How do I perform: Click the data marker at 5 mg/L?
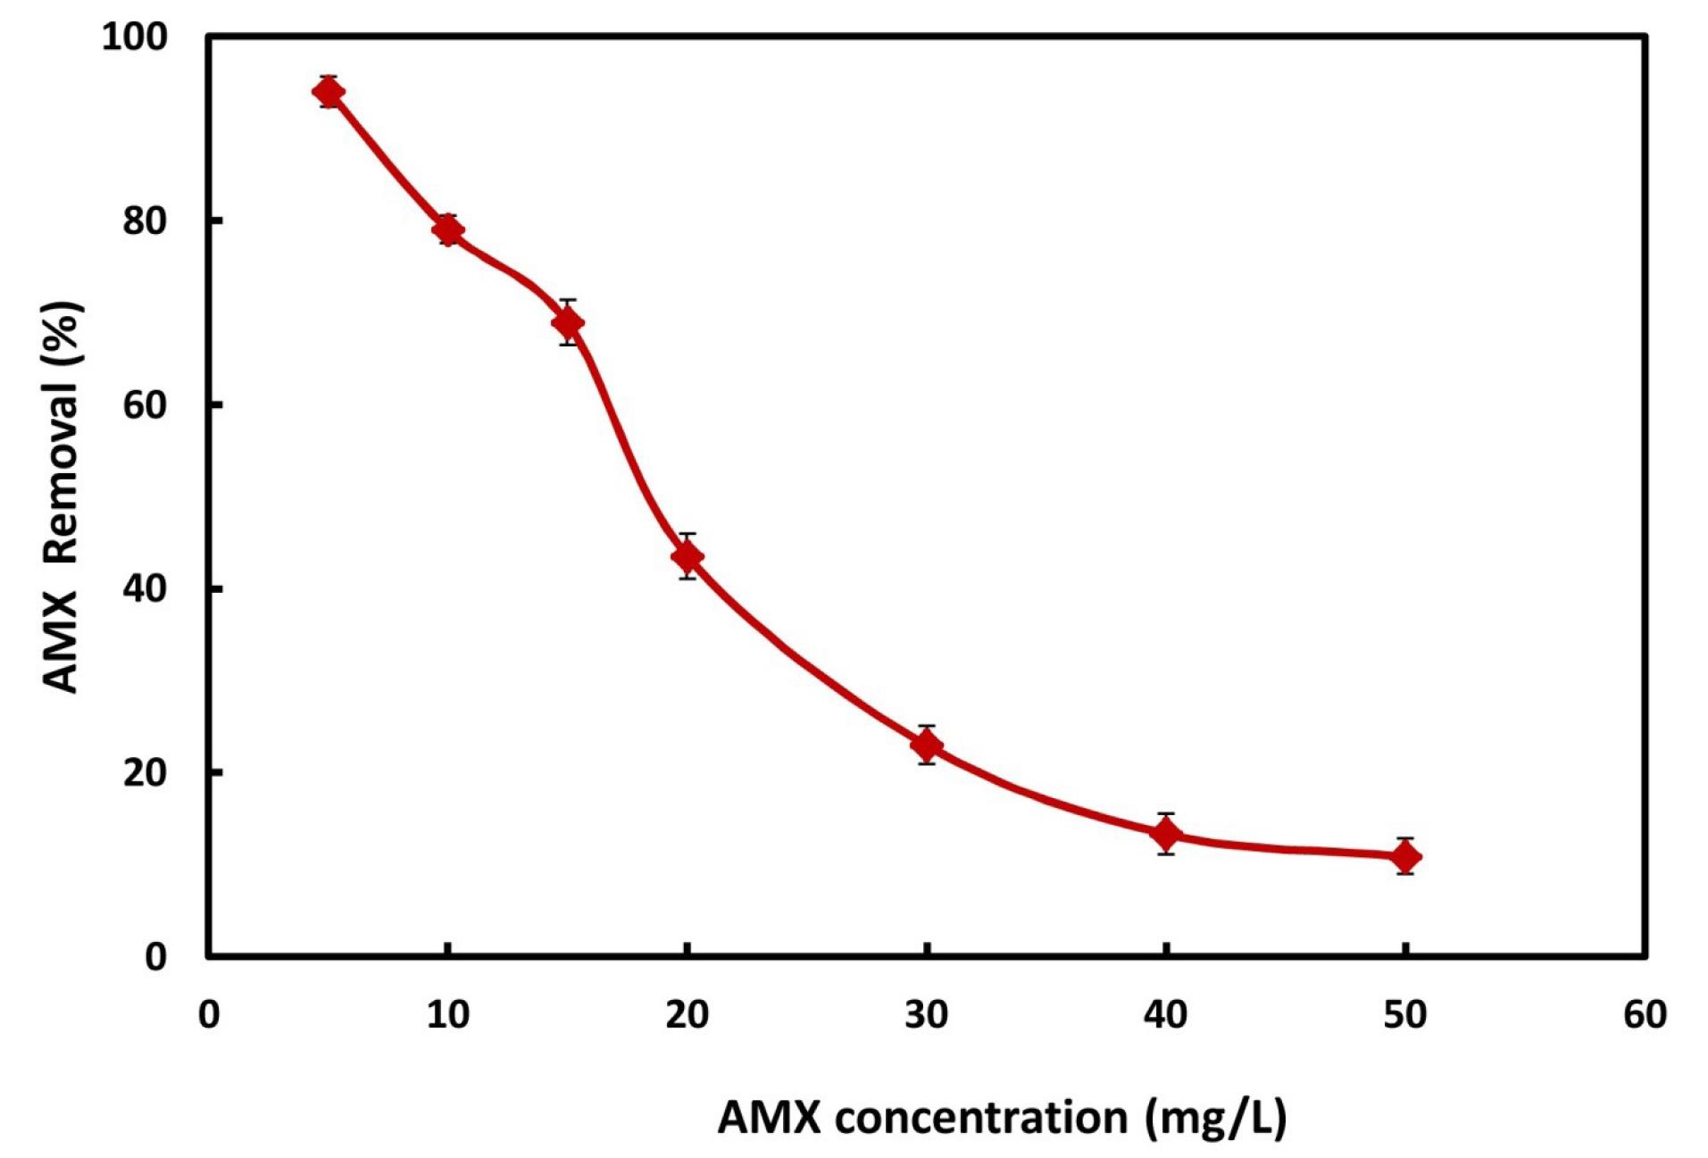pos(329,92)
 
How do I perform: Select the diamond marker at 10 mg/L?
pos(447,229)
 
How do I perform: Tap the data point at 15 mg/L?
pos(568,321)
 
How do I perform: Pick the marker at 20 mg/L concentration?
pos(687,557)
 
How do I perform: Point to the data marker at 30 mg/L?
pos(927,744)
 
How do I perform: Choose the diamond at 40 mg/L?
pos(1165,834)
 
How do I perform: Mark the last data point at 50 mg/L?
pos(1405,857)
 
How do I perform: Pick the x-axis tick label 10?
pos(447,1014)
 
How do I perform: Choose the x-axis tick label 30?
pos(927,1014)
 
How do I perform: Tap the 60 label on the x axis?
pos(1645,1014)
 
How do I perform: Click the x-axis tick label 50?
pos(1405,1014)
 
